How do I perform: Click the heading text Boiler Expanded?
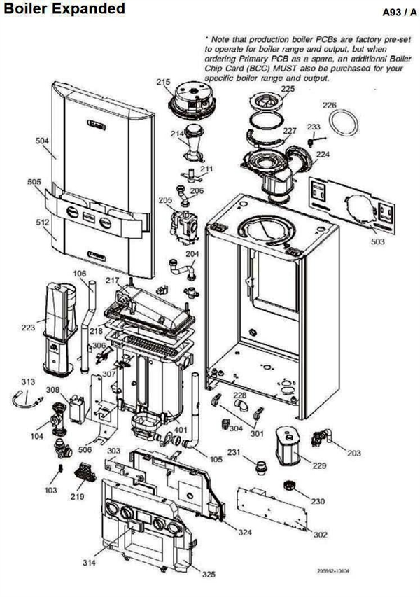pyautogui.click(x=64, y=9)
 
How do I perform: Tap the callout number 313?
pyautogui.click(x=27, y=381)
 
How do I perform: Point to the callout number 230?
pyautogui.click(x=318, y=501)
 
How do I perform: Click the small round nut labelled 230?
pyautogui.click(x=287, y=485)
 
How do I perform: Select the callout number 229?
pyautogui.click(x=319, y=465)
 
